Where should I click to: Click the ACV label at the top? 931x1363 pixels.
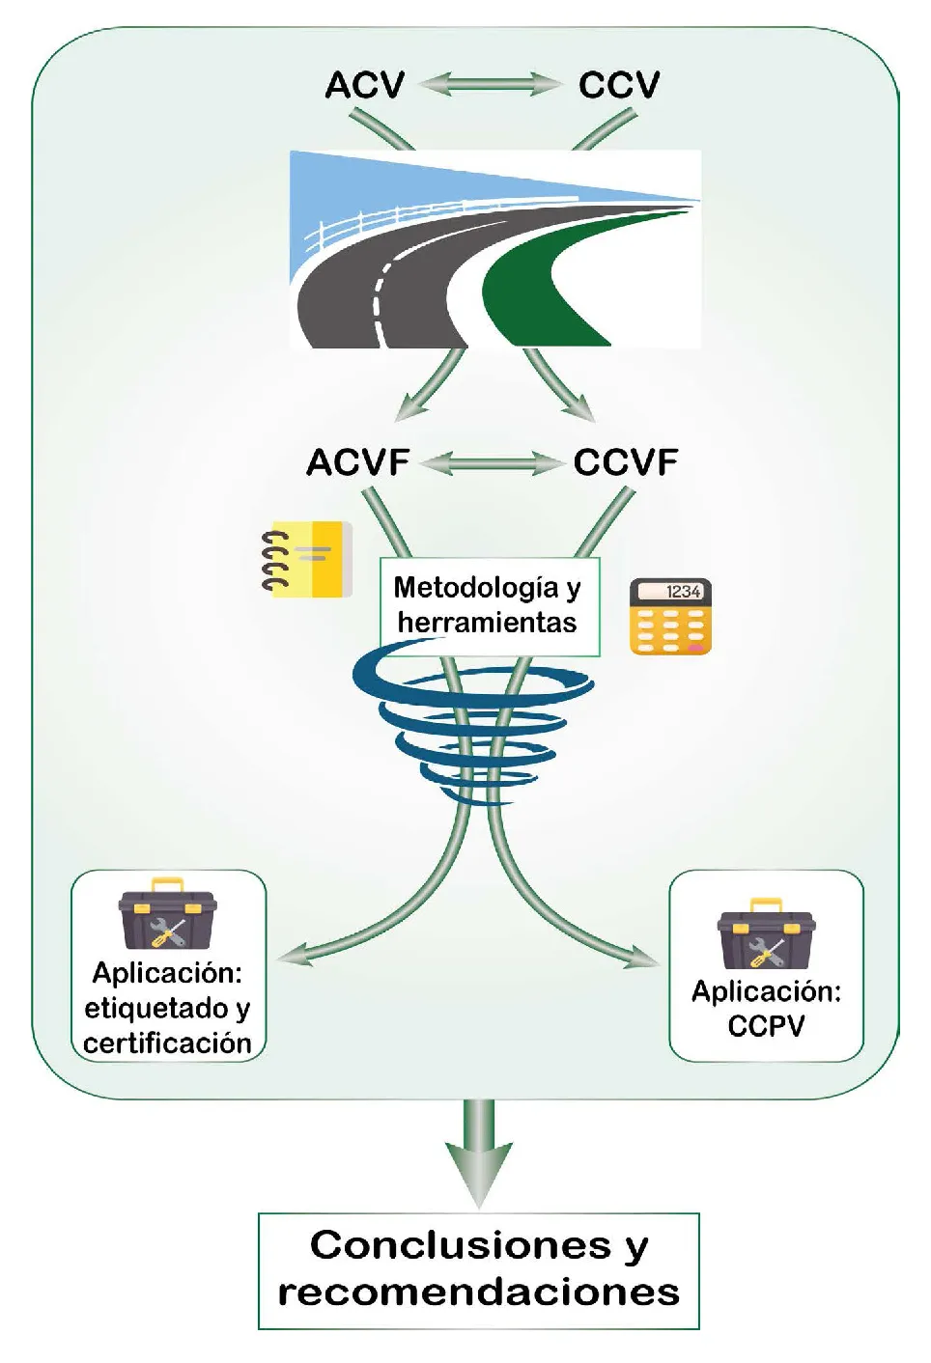click(364, 85)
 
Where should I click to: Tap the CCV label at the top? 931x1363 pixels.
click(619, 85)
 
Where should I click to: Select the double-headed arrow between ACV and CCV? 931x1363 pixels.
click(490, 85)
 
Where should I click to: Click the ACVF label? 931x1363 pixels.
click(358, 462)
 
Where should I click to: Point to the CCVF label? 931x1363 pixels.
click(626, 462)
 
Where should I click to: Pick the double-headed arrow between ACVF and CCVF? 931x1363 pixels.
click(492, 463)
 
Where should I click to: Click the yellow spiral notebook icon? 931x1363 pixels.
click(306, 559)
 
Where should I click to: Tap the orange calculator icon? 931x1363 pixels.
click(670, 617)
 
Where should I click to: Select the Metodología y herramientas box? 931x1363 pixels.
click(489, 605)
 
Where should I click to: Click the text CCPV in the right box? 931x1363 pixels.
click(766, 1025)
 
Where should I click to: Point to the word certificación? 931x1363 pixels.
click(167, 1043)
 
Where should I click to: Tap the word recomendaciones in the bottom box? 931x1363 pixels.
click(478, 1292)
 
